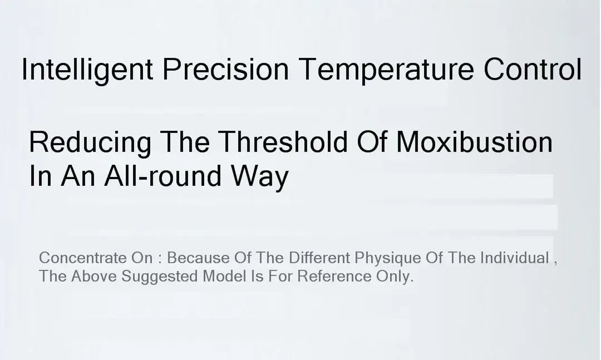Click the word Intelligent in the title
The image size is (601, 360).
coord(87,70)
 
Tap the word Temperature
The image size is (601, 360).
coord(386,70)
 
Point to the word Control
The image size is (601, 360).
coord(533,69)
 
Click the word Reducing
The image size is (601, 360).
coord(90,142)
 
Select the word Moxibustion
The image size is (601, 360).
coord(474,141)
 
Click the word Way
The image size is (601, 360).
coord(259,177)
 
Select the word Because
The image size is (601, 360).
coord(198,258)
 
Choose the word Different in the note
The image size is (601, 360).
coord(319,258)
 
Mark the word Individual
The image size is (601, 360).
coord(515,258)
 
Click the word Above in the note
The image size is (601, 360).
coord(94,276)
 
